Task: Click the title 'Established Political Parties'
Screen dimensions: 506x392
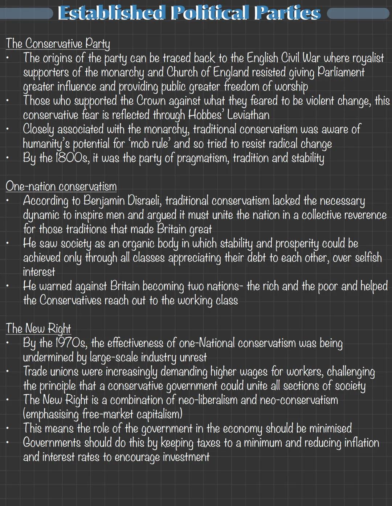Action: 189,13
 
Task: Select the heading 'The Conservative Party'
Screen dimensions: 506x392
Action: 58,44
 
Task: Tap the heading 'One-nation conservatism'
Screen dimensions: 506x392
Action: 61,186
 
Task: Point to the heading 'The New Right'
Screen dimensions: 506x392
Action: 38,329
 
